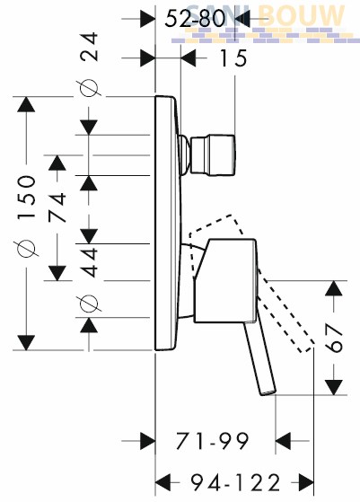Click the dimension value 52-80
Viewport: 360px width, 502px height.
195,19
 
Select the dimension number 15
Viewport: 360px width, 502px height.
233,58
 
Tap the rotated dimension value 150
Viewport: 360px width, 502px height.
26,198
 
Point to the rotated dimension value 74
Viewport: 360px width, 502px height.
57,207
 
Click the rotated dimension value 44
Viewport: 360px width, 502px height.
89,261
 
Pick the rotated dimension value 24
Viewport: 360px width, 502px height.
89,47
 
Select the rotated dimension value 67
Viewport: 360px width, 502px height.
334,338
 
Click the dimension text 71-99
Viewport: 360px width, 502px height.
212,441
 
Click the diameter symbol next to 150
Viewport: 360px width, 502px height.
27,248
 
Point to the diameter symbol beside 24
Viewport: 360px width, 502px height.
89,88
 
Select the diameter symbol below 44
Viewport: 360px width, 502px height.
89,304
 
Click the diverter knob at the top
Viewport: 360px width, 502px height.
213,155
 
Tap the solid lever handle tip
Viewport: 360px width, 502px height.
268,392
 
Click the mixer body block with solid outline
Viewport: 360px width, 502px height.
225,280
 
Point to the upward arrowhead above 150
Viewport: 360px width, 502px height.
26,104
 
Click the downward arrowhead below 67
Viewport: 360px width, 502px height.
334,387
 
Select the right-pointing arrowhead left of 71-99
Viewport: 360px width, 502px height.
148,441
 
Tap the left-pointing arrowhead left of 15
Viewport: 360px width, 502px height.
189,58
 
